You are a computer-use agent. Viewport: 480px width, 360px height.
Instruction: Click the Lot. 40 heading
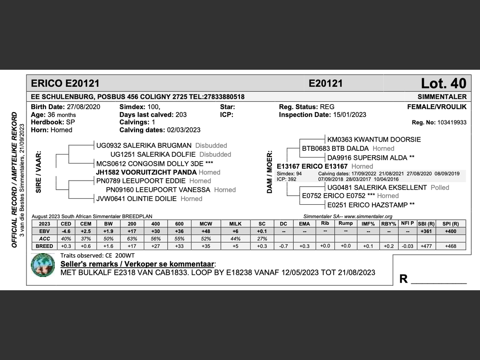(x=443, y=83)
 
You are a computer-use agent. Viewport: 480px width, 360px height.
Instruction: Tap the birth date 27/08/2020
(x=83, y=107)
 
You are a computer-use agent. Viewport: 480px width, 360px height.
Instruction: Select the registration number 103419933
(x=451, y=122)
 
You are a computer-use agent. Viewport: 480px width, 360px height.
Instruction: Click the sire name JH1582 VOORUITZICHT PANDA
(x=146, y=172)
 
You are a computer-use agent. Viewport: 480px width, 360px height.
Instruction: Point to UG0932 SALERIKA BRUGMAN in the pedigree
(x=144, y=145)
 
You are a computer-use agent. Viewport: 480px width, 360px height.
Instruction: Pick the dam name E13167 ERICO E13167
(x=312, y=166)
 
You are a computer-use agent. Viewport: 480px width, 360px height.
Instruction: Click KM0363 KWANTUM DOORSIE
(x=374, y=139)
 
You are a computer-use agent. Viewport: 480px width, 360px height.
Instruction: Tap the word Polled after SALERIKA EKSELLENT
(x=440, y=187)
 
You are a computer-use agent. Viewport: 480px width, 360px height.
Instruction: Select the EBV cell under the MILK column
(x=235, y=231)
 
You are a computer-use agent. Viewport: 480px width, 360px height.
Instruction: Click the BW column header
(x=108, y=224)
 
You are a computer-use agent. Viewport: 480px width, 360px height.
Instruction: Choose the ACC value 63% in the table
(x=132, y=239)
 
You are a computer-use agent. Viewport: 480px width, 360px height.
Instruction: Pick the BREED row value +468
(x=450, y=246)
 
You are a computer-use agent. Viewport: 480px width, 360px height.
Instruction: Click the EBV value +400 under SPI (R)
(x=450, y=231)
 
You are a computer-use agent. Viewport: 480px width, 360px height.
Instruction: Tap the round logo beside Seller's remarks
(x=43, y=265)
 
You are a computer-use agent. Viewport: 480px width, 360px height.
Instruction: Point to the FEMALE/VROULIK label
(x=436, y=107)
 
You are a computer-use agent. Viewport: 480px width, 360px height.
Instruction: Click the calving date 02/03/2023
(x=184, y=130)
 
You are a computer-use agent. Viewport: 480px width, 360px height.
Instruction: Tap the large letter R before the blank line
(x=403, y=279)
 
